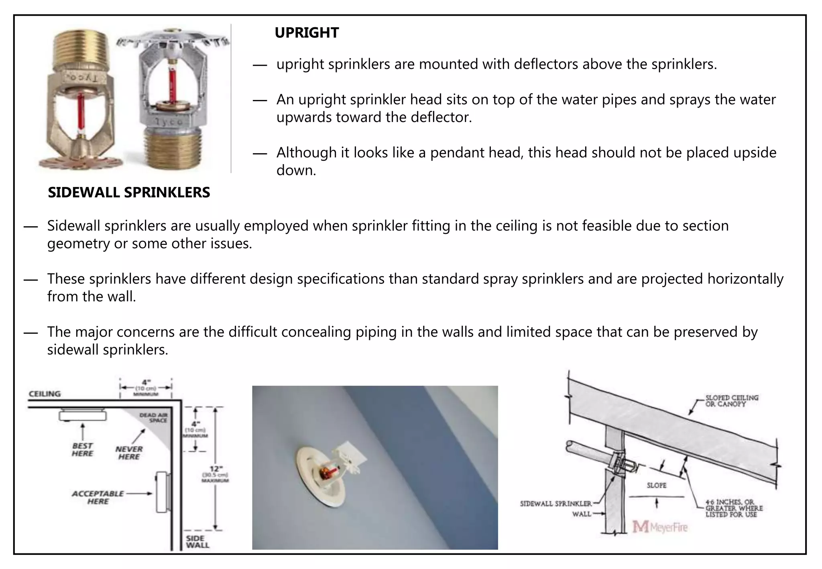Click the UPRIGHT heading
coord(307,33)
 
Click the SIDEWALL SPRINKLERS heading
coord(129,193)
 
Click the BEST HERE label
coord(82,450)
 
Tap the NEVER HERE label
coord(129,453)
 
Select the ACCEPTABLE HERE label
coord(98,498)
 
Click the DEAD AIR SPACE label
coord(154,418)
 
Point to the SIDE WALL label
coord(197,542)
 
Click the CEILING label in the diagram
coord(45,394)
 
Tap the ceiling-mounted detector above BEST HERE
coord(83,415)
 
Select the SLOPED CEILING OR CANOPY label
coord(732,401)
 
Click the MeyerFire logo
coord(660,527)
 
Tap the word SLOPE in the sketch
coord(656,486)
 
